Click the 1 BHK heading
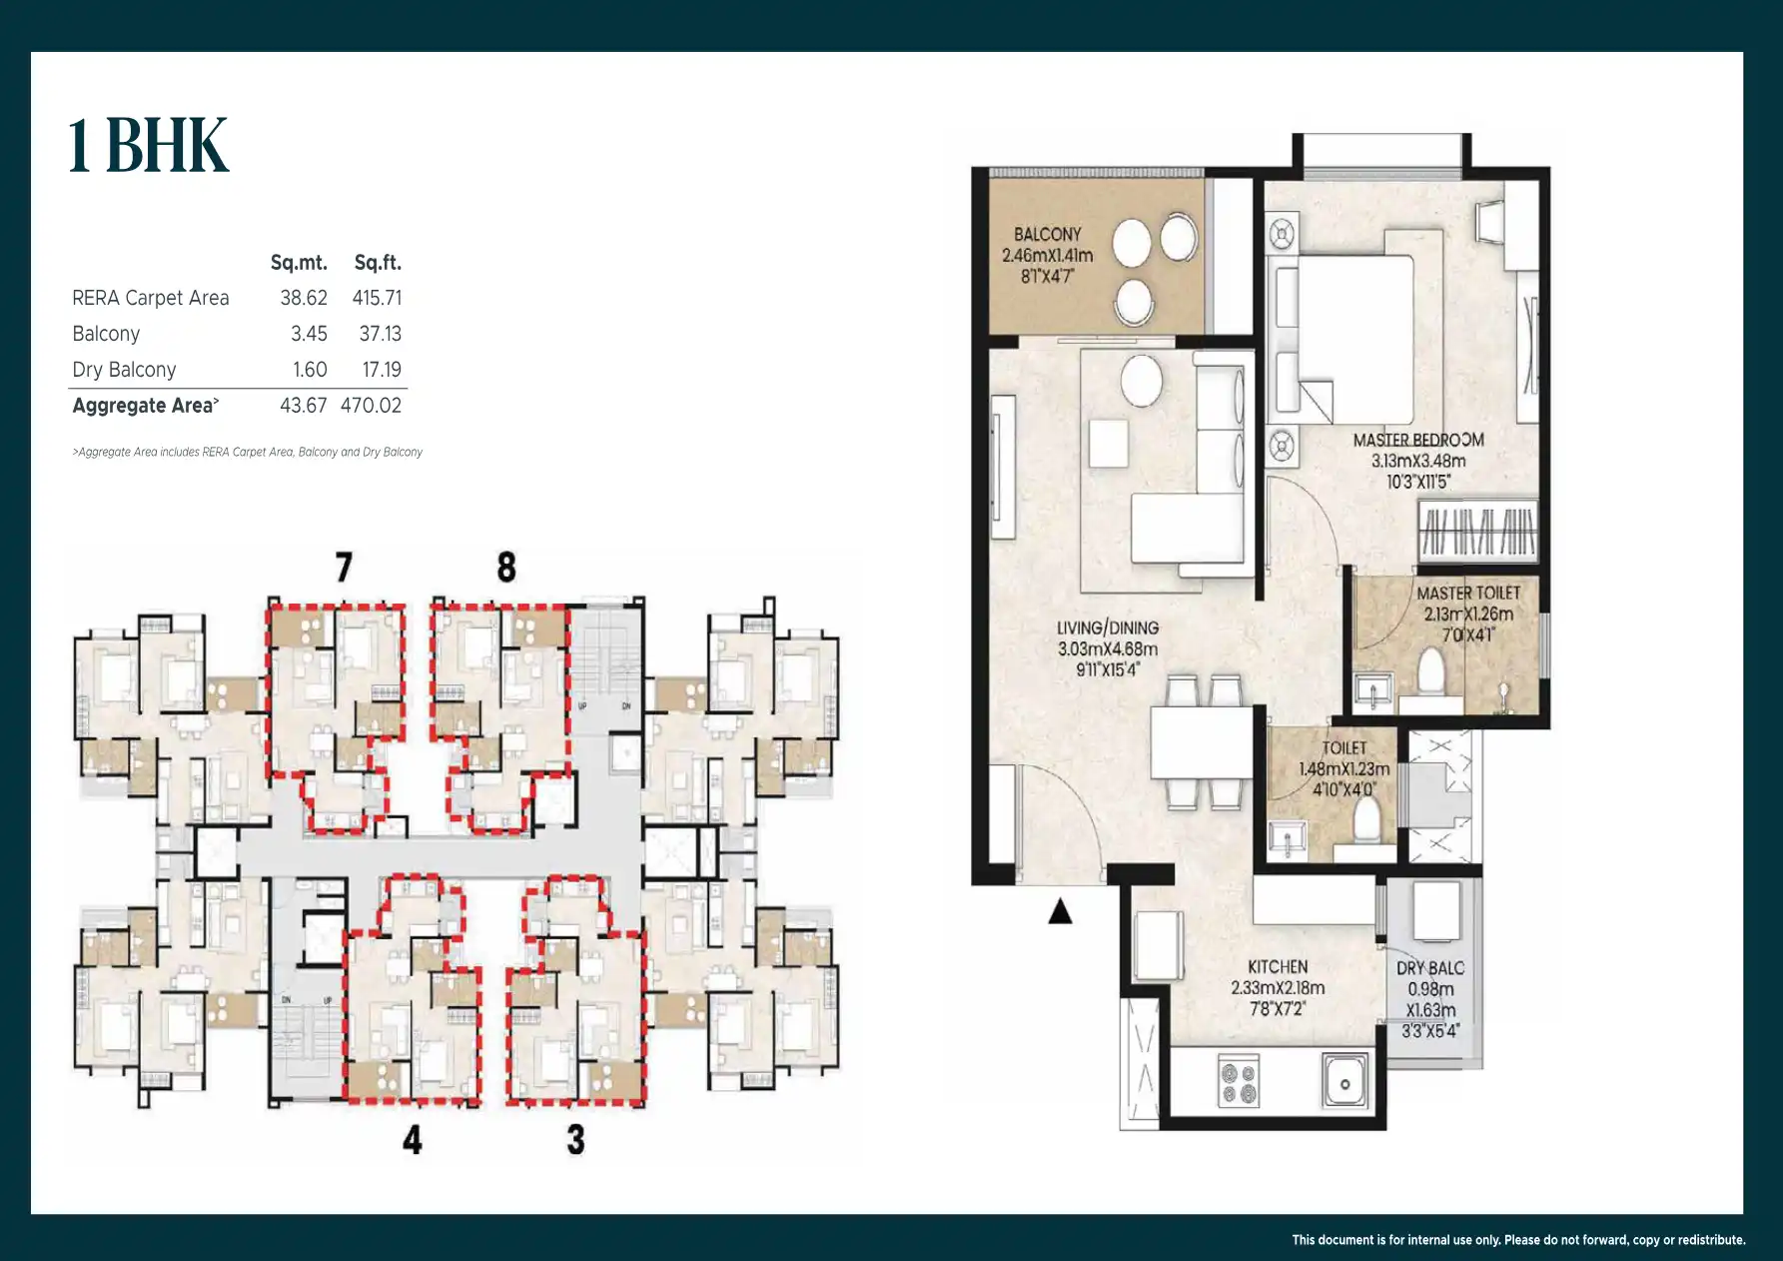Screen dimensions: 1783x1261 (x=149, y=146)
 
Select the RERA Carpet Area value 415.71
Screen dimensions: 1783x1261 (x=377, y=298)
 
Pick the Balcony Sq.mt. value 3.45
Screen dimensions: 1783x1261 (x=309, y=334)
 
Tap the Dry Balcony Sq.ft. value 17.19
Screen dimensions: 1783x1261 (x=382, y=370)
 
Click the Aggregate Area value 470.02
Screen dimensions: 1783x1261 (x=371, y=406)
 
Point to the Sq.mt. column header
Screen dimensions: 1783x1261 (x=299, y=263)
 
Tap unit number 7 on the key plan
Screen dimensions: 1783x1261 (x=344, y=568)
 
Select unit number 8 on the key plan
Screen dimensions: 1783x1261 (x=506, y=568)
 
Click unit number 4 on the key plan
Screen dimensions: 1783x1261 (x=413, y=1139)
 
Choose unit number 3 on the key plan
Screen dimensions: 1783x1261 (x=575, y=1139)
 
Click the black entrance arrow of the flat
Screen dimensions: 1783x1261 (x=1060, y=911)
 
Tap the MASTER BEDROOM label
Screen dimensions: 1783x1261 (x=1418, y=440)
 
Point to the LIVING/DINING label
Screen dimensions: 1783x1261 (x=1108, y=628)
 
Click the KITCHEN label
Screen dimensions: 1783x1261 (x=1278, y=966)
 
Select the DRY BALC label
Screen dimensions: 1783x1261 (x=1430, y=967)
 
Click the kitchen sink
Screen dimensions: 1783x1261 (x=1345, y=1082)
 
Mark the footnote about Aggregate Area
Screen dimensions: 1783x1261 (x=247, y=453)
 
